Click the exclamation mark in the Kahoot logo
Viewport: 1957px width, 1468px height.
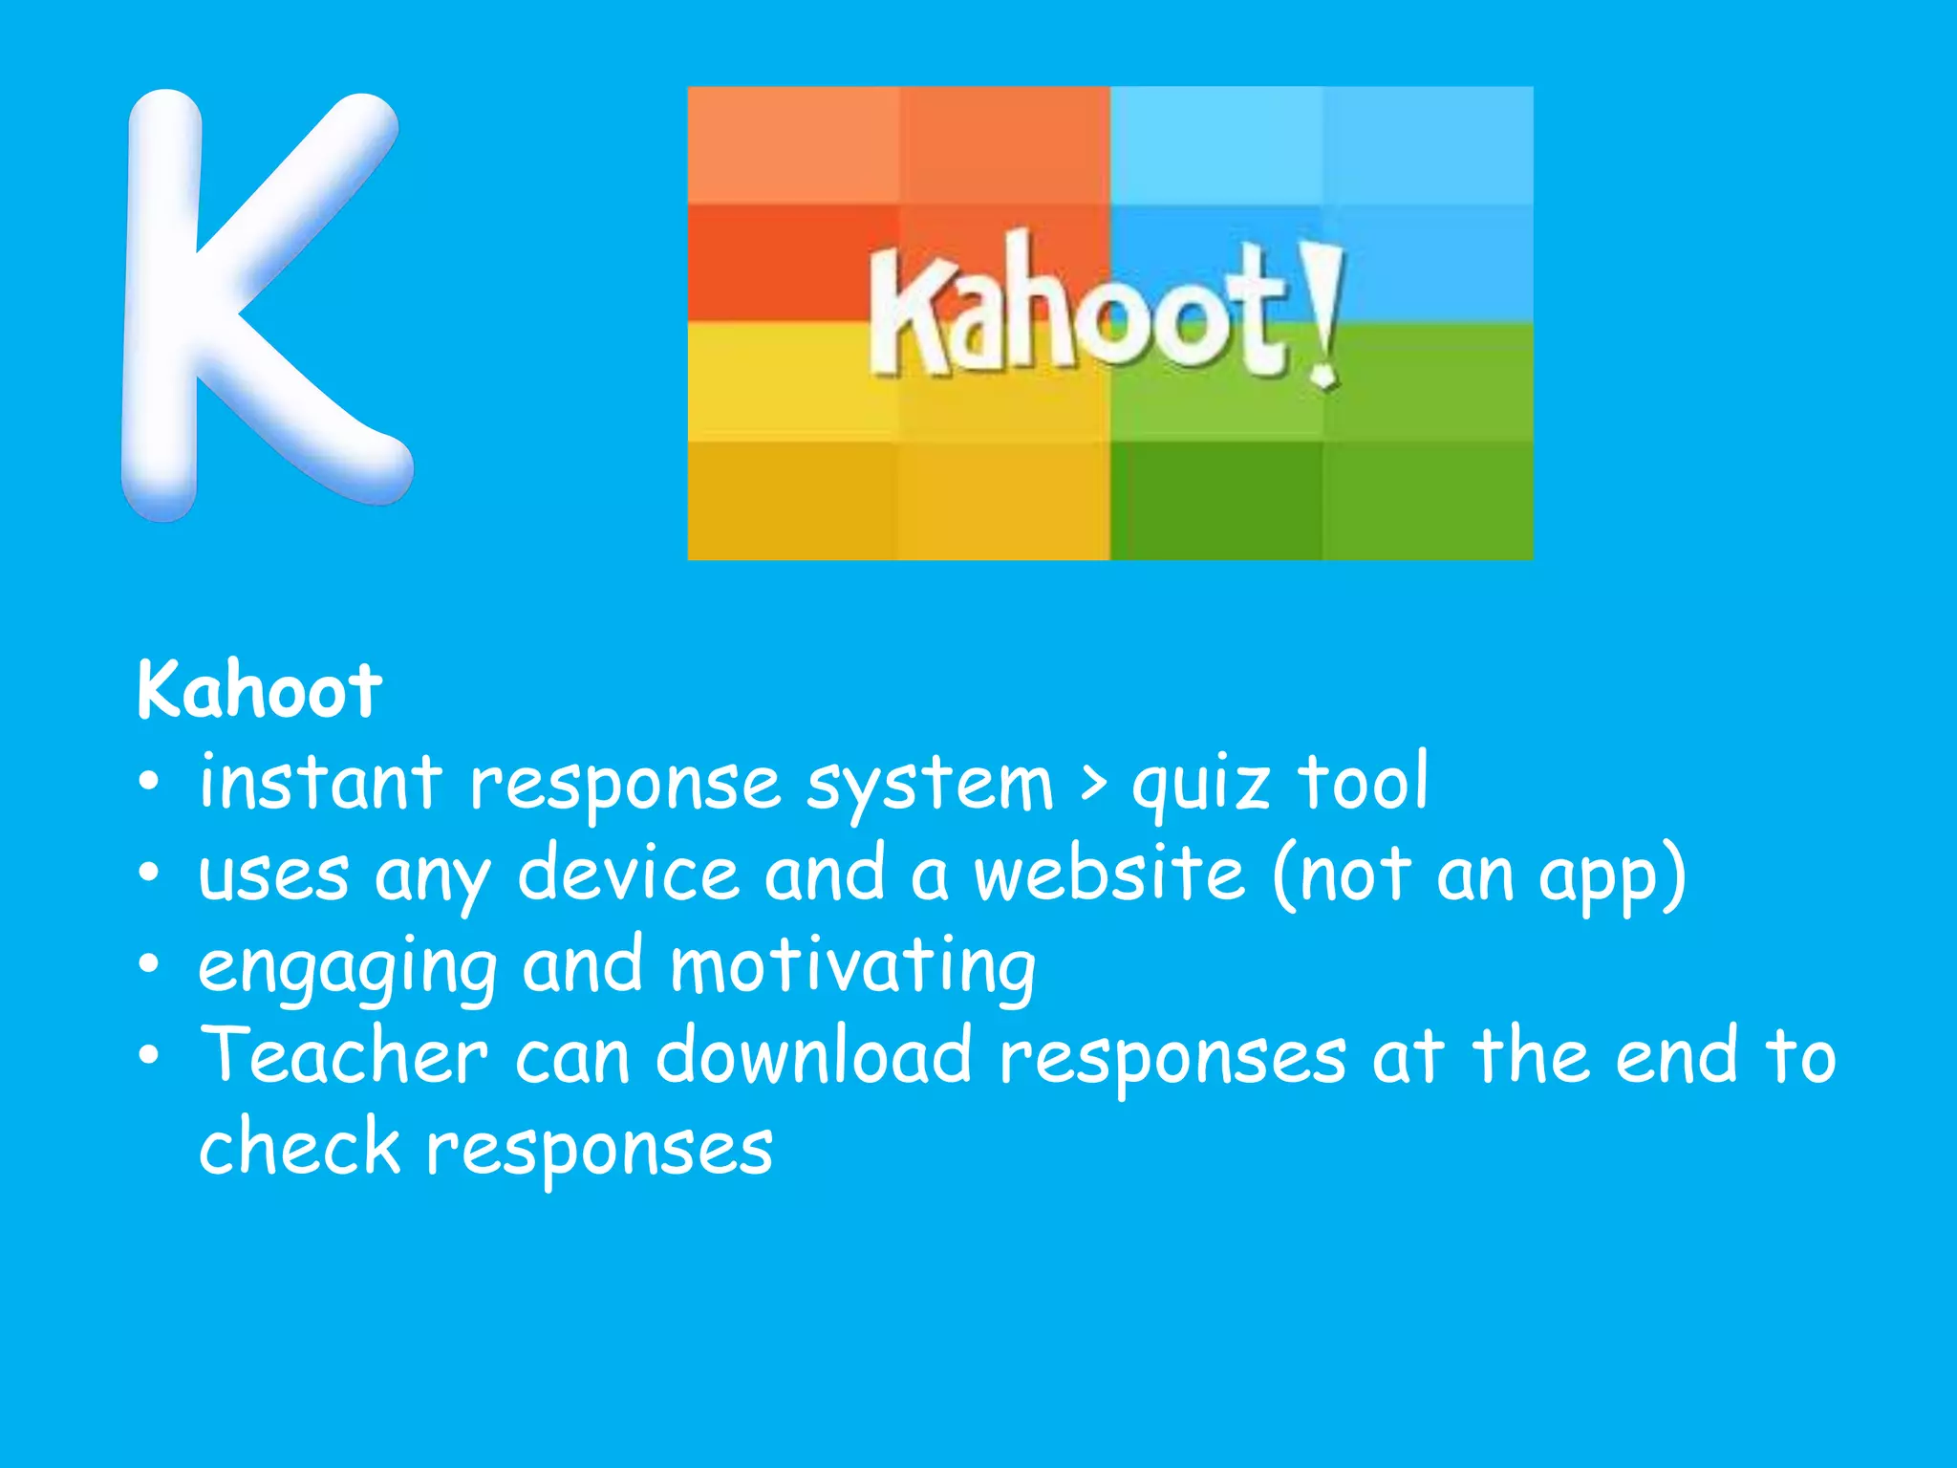[x=1323, y=315]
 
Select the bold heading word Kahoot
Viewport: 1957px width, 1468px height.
[x=259, y=690]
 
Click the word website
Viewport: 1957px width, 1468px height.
[x=1109, y=874]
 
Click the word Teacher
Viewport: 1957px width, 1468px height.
[x=344, y=1056]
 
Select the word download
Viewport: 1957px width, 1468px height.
[x=813, y=1056]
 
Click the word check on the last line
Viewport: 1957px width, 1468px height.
[x=299, y=1147]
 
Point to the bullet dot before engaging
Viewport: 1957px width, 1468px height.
[x=148, y=965]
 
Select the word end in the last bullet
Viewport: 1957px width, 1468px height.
[x=1676, y=1056]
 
